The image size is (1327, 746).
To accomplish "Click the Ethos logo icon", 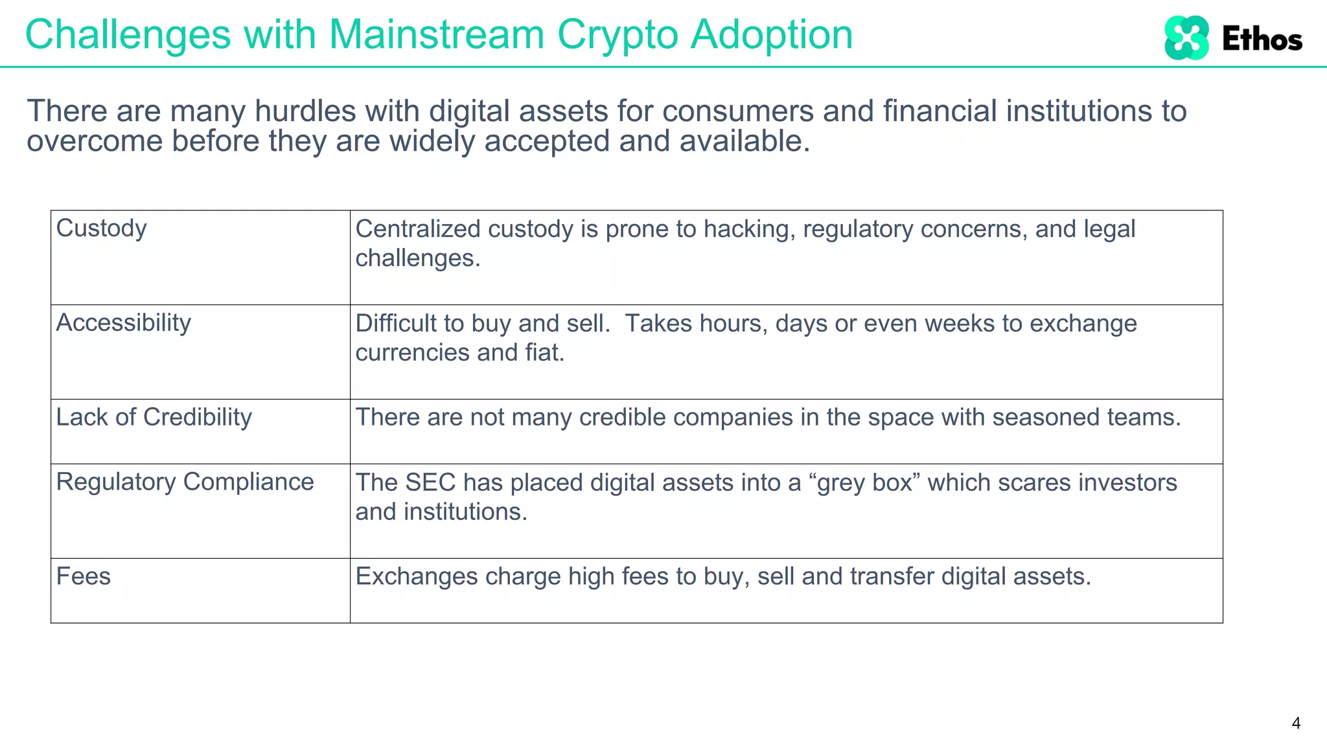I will (1186, 38).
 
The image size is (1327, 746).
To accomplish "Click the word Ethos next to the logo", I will (1262, 40).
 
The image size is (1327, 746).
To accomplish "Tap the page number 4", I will (1295, 723).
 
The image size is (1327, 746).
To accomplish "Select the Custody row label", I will (102, 229).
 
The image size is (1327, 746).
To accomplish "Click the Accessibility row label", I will (124, 322).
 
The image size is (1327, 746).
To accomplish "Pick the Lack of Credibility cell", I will (154, 418).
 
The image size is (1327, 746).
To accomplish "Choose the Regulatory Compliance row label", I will (185, 482).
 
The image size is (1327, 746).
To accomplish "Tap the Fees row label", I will (84, 576).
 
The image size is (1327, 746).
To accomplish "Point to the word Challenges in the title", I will (128, 34).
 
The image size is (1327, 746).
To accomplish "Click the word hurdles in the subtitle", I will (305, 111).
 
